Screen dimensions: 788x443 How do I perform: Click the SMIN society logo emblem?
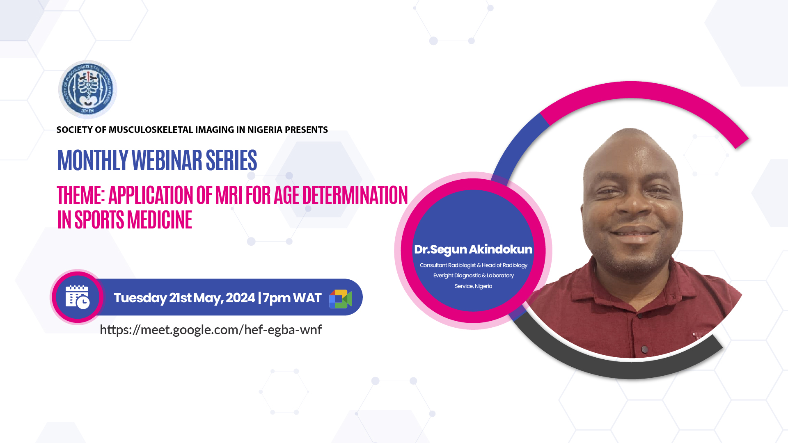click(87, 89)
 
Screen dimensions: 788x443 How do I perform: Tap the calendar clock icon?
click(78, 297)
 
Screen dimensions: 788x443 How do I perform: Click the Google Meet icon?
click(341, 299)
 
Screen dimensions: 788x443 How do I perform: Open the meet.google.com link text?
click(211, 330)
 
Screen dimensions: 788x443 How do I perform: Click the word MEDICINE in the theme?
click(160, 220)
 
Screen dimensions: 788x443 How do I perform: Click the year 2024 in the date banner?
click(241, 298)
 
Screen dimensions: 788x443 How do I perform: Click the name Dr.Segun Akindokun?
click(473, 249)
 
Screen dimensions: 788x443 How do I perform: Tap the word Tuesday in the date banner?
click(140, 298)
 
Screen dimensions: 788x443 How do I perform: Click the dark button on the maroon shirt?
click(644, 349)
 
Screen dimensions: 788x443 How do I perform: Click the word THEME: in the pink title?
click(81, 195)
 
